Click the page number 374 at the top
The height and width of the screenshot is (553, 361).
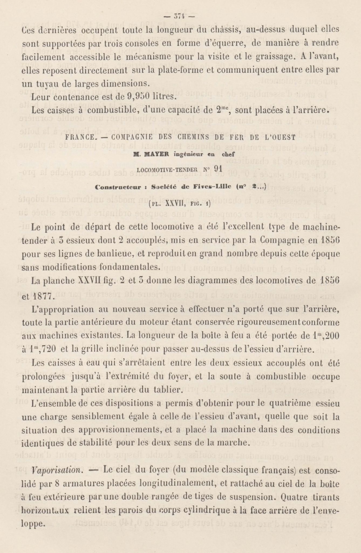(x=180, y=16)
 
